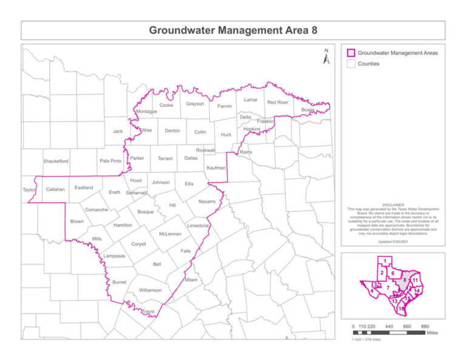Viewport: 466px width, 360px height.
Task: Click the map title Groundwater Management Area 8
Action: click(x=233, y=30)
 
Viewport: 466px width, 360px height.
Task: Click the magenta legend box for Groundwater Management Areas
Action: click(x=350, y=53)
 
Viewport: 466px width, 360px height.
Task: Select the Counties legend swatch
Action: click(x=350, y=64)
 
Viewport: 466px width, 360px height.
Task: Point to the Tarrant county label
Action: click(x=165, y=158)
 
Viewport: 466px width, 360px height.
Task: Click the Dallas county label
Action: click(x=191, y=158)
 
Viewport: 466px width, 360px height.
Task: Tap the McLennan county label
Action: click(x=170, y=234)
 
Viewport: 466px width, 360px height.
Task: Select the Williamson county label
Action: click(x=150, y=290)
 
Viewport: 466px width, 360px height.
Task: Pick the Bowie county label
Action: click(x=308, y=110)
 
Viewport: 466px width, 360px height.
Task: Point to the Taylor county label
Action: click(x=29, y=189)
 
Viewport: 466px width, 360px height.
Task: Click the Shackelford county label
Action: click(x=56, y=161)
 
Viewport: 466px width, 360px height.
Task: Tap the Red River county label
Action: click(x=277, y=102)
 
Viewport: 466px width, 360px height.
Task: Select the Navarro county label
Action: click(x=207, y=201)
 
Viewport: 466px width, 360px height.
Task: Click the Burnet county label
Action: click(x=119, y=282)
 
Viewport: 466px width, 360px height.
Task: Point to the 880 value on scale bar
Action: click(x=425, y=326)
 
